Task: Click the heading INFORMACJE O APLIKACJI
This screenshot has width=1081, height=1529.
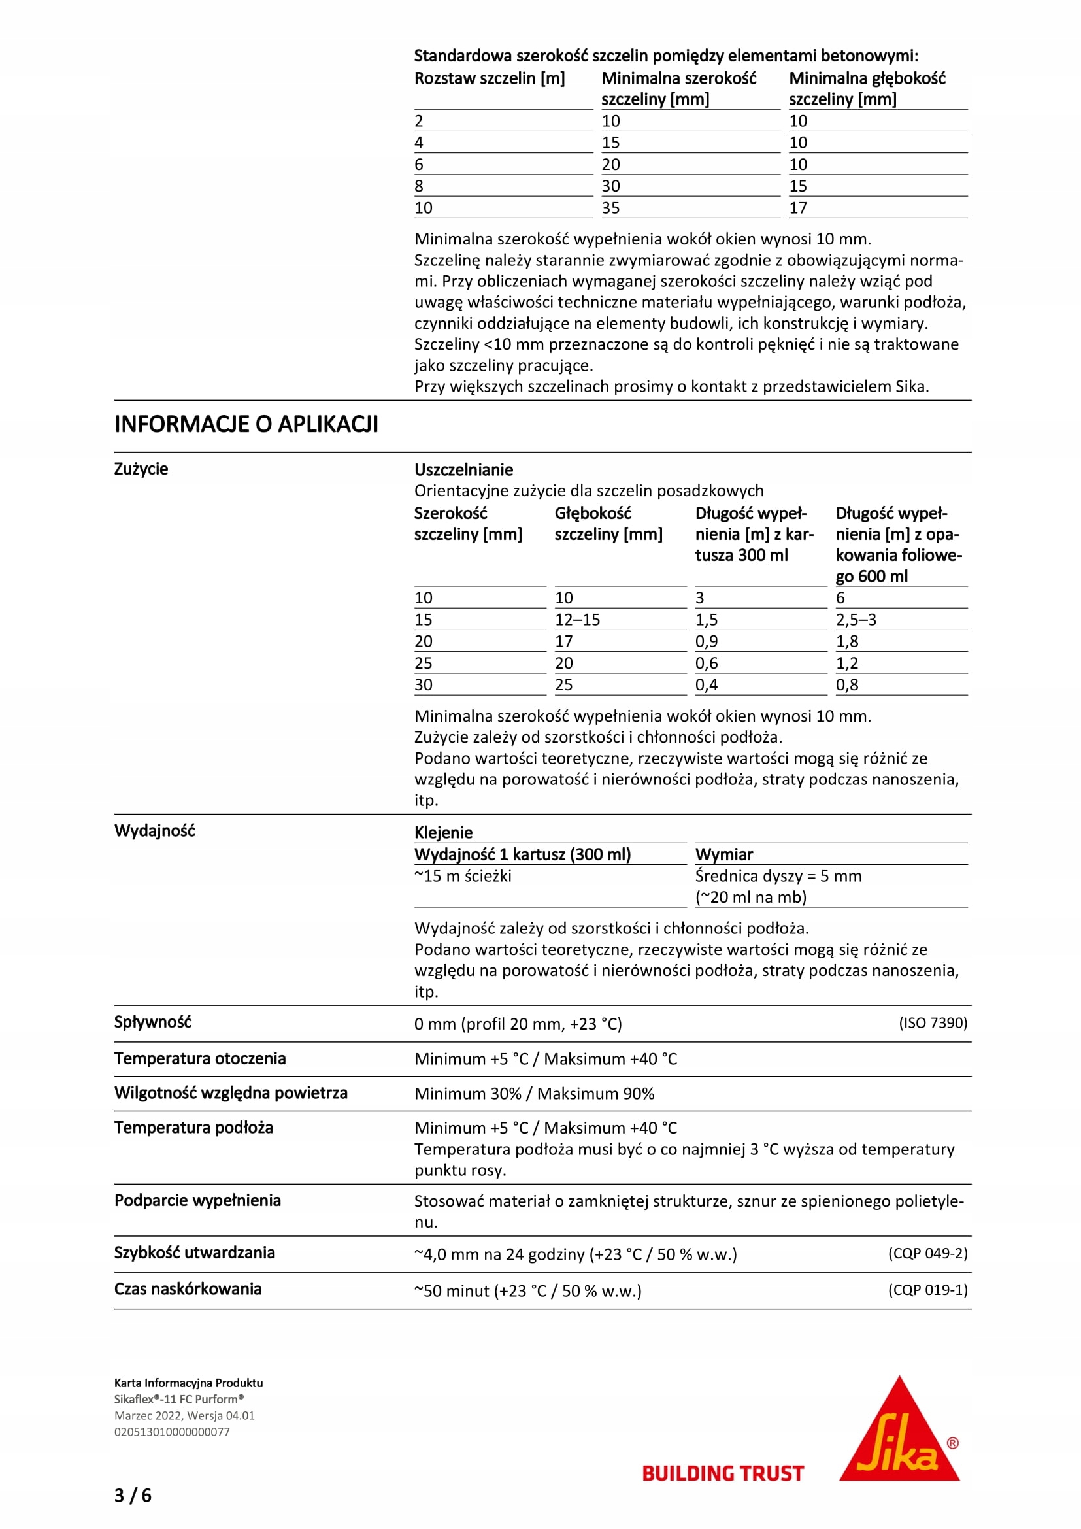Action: [246, 424]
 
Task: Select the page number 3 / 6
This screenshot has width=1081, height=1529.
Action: [133, 1496]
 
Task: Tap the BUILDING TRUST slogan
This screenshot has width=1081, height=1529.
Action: [723, 1473]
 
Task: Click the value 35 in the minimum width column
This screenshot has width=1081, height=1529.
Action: [610, 208]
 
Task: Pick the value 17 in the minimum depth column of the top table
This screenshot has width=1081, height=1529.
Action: [798, 208]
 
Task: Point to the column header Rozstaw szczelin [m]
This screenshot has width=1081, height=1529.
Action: [490, 78]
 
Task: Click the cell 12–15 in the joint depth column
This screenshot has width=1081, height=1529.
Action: [577, 619]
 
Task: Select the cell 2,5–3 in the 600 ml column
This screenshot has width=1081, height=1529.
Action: [856, 619]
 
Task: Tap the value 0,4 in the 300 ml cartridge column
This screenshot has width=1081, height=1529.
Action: [707, 684]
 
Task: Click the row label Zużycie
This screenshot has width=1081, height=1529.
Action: [141, 469]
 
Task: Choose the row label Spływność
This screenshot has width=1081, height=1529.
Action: [152, 1022]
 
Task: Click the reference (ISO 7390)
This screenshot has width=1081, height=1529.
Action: [933, 1023]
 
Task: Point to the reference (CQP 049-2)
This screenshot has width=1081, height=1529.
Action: [927, 1253]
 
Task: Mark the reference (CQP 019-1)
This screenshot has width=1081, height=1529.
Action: [927, 1290]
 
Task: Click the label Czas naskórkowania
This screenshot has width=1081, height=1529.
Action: [188, 1289]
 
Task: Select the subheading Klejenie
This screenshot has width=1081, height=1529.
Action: [443, 832]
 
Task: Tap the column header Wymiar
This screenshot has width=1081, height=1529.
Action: [724, 854]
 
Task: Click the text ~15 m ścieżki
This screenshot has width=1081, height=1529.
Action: [463, 876]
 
